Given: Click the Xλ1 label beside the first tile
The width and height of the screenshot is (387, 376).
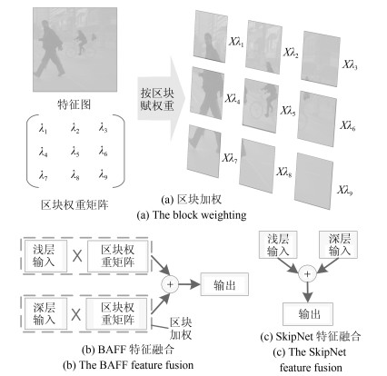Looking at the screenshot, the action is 236,42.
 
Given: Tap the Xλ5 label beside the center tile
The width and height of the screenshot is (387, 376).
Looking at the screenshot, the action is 288,111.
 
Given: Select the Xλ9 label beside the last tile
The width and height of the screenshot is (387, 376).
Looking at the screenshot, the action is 345,190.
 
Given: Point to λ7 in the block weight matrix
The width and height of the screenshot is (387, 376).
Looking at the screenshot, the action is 43,174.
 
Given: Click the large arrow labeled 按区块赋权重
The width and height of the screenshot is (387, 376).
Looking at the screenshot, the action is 161,99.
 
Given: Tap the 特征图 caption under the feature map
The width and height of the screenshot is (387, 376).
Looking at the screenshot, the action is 74,104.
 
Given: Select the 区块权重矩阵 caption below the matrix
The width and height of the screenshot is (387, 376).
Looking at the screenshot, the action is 74,205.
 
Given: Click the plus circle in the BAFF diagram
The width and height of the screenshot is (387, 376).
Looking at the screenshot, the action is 170,284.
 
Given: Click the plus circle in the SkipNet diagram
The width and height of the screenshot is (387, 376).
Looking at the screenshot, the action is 307,274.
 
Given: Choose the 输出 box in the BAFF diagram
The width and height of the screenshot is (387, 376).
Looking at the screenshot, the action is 224,284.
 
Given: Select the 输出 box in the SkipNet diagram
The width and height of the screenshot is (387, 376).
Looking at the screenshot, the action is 308,314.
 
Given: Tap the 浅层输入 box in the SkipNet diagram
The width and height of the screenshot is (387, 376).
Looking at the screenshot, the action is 278,244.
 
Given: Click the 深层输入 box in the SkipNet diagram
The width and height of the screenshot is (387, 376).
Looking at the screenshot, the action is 339,244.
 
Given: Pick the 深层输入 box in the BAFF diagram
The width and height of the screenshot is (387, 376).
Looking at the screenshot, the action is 45,314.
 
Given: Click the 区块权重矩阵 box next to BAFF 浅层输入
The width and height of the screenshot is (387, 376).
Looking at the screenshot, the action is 118,256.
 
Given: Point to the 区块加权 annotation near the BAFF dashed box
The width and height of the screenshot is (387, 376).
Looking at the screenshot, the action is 181,329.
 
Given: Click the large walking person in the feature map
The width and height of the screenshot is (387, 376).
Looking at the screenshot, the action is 50,48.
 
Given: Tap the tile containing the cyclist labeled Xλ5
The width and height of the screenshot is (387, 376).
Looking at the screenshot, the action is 261,105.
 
